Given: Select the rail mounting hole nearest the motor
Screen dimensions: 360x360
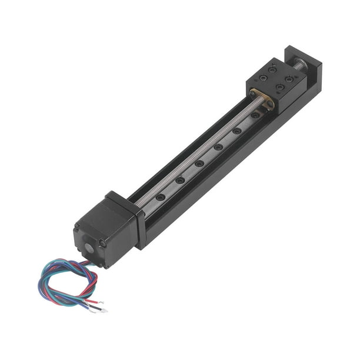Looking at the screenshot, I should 160,197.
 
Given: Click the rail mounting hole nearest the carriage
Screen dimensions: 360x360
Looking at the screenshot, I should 255,115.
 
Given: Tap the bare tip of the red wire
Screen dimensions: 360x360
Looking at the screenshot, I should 103,310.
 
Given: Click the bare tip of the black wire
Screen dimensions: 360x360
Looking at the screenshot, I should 95,305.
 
